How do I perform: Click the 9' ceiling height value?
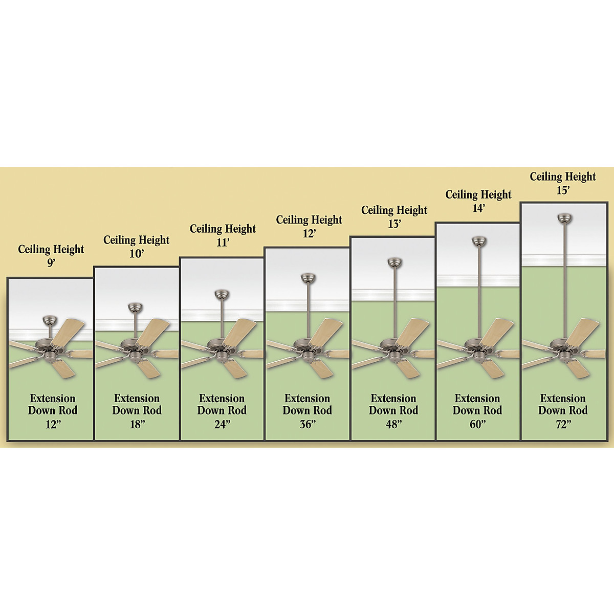(51, 262)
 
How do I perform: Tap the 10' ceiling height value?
(136, 253)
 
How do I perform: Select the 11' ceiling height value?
(223, 242)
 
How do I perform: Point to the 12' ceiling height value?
(309, 233)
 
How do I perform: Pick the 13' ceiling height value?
(394, 223)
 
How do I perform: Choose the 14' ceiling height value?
(478, 208)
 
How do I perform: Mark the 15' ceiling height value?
(563, 190)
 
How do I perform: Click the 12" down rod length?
(52, 424)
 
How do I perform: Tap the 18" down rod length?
(137, 424)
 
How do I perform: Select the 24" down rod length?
(222, 424)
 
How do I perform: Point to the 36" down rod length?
(307, 424)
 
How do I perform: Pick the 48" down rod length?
(393, 424)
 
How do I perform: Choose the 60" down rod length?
(477, 424)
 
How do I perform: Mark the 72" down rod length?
(562, 424)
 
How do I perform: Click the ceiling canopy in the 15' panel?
(564, 218)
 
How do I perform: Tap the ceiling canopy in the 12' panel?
(308, 278)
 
